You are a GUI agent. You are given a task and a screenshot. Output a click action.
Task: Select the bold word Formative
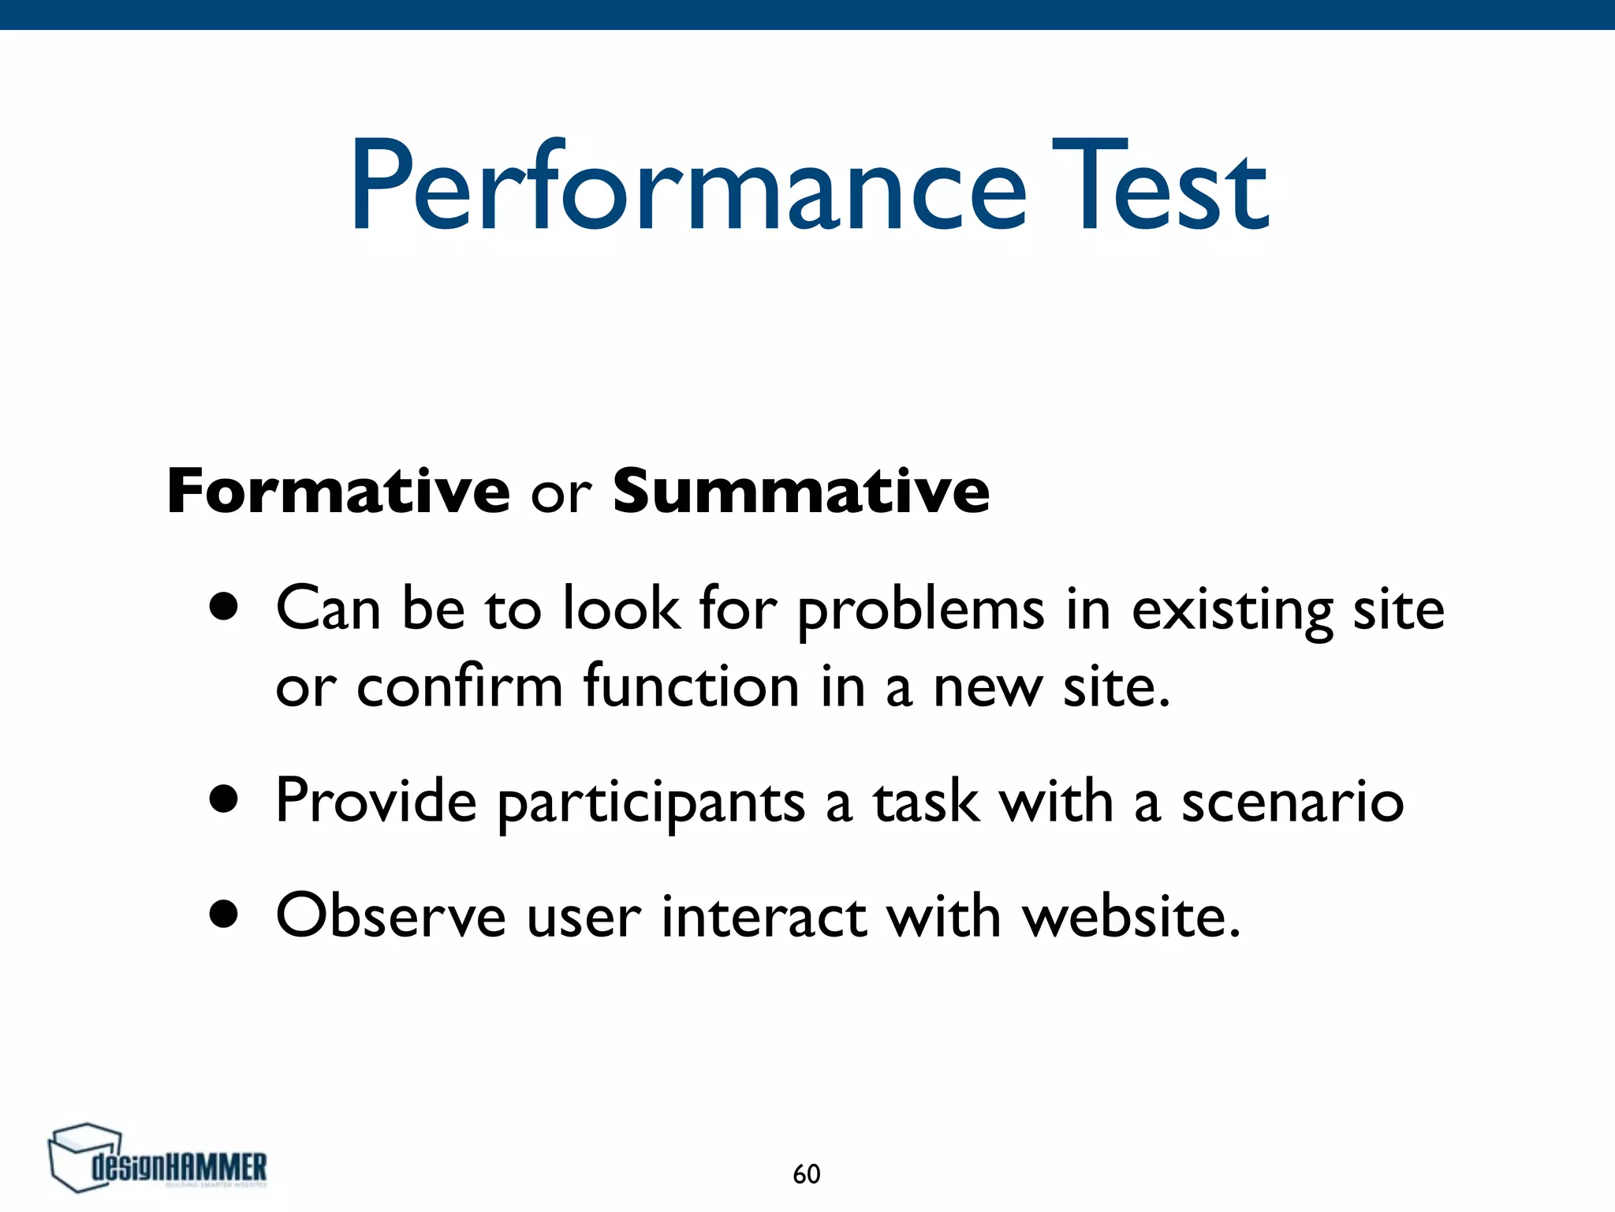pos(338,491)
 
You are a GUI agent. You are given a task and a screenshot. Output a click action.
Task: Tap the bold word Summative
pos(800,491)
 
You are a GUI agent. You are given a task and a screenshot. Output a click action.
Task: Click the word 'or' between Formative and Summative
pos(561,495)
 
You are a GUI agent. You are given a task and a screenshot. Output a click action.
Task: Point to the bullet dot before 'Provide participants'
pos(224,799)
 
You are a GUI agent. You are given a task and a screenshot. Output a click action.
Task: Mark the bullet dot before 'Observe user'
pos(224,914)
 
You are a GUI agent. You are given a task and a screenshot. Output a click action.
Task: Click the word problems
pos(920,612)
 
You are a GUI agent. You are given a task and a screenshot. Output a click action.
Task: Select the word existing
pos(1233,612)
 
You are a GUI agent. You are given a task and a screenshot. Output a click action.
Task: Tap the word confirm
pos(459,686)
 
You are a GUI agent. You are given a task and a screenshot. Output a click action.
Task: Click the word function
pos(692,686)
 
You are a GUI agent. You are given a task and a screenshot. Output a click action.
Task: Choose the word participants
pos(651,803)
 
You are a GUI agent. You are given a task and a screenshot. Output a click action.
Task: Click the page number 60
pos(806,1174)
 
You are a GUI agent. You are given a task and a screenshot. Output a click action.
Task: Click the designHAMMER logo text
pos(180,1167)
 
